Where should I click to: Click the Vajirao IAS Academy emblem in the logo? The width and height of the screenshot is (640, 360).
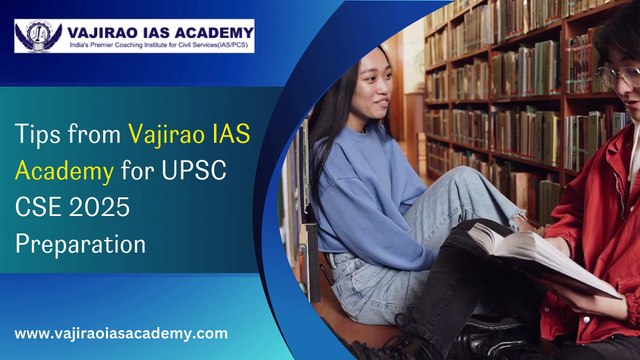[38, 36]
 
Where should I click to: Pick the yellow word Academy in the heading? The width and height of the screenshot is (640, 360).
[63, 169]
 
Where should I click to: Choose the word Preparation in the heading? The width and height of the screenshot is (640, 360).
[80, 243]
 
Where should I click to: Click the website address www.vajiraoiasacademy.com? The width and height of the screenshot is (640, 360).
[121, 333]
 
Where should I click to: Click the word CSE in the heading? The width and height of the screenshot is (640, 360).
[38, 206]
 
